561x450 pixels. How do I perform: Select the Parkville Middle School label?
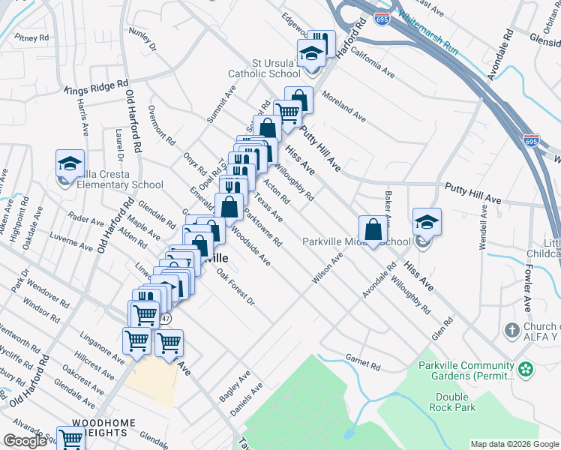click(356, 241)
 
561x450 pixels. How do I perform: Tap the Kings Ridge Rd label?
click(97, 87)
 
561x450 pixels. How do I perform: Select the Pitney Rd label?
click(31, 37)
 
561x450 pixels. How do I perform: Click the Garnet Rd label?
click(363, 362)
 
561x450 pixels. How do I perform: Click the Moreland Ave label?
click(343, 107)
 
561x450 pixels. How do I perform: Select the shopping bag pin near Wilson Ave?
click(373, 230)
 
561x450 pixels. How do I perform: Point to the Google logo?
click(25, 441)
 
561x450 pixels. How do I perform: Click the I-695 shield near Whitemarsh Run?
click(382, 19)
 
